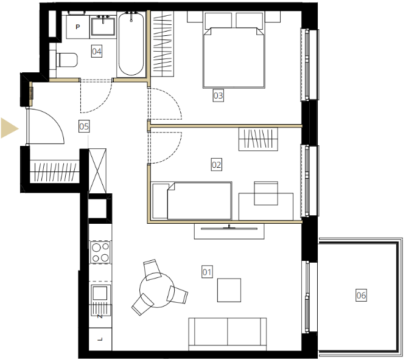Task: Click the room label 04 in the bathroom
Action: tap(97, 51)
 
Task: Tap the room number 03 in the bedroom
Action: tap(218, 95)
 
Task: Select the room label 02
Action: tap(216, 165)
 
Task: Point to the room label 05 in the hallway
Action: tap(84, 126)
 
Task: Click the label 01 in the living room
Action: tap(207, 272)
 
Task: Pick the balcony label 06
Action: tap(361, 295)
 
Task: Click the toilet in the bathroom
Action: tap(66, 60)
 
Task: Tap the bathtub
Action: tap(131, 44)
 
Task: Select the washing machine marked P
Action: tap(78, 27)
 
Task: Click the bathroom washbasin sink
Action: tap(103, 26)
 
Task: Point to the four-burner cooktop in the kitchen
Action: tap(100, 252)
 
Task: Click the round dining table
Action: tap(157, 290)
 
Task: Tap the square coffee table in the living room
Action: tap(229, 290)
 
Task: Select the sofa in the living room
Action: tap(227, 334)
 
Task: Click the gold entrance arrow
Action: tap(10, 128)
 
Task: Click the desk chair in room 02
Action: tap(266, 193)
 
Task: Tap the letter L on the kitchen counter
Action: tap(100, 339)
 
